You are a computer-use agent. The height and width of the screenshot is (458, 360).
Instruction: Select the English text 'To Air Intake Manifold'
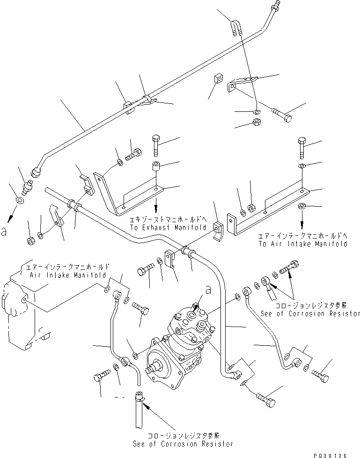(302, 244)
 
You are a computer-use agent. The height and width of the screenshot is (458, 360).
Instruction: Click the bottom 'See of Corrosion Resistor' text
(190, 443)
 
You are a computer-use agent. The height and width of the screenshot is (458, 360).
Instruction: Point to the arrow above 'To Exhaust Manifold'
(156, 205)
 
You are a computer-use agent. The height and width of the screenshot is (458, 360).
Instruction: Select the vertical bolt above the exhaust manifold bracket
(156, 145)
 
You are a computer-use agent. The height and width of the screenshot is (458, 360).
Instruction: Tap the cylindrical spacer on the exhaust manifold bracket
(156, 167)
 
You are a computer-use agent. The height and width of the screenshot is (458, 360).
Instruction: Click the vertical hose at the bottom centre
(140, 412)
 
